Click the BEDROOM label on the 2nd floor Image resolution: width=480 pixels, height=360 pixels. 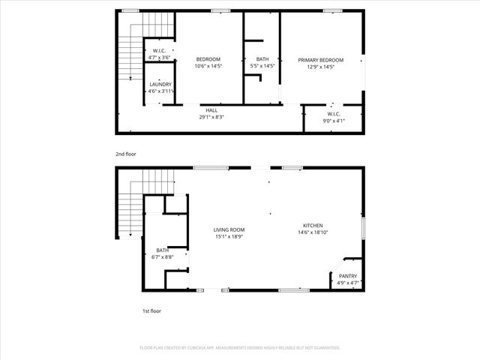[208, 59]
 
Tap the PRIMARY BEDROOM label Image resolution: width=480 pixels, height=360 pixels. [320, 60]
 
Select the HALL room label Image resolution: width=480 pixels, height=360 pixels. [212, 110]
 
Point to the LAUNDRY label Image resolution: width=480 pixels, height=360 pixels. [160, 85]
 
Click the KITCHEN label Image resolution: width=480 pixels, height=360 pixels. [313, 226]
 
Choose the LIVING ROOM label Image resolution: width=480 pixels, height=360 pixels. [229, 230]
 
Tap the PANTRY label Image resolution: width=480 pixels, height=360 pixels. [348, 277]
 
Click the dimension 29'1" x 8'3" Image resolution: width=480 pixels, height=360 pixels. [212, 117]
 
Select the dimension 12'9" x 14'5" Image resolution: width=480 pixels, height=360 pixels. [320, 67]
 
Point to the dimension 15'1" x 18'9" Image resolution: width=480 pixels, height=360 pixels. [229, 237]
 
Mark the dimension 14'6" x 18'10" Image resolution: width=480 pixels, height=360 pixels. [313, 232]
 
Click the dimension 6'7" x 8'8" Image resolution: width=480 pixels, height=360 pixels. [162, 257]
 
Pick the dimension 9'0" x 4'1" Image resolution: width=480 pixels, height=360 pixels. [334, 121]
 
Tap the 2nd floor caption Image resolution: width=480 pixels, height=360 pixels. [125, 154]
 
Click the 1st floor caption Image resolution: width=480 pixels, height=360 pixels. [151, 310]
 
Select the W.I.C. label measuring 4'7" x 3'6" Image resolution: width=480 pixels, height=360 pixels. [159, 50]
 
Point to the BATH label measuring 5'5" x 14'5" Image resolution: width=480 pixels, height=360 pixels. [262, 59]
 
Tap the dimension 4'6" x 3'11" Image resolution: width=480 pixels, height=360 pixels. [160, 91]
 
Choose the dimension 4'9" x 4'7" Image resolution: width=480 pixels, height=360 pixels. [348, 283]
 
